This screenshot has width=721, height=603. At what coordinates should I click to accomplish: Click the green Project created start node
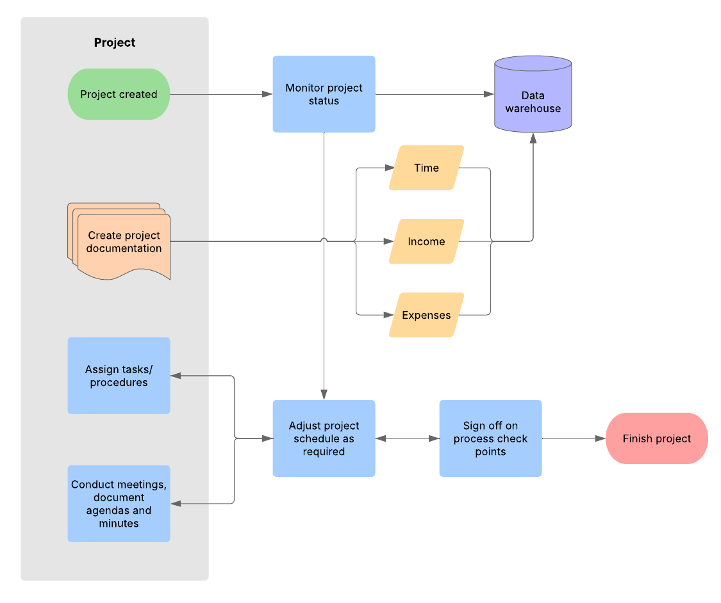pyautogui.click(x=119, y=94)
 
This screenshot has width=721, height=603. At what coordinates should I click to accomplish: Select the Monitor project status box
pyautogui.click(x=324, y=94)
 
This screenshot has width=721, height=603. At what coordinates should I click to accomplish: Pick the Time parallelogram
pyautogui.click(x=426, y=168)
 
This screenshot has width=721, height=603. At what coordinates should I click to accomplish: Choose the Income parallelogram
pyautogui.click(x=426, y=241)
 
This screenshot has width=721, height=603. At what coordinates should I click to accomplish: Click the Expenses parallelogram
pyautogui.click(x=426, y=315)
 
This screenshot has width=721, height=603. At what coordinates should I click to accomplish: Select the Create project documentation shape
pyautogui.click(x=122, y=242)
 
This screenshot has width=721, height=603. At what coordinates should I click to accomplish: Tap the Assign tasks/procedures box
pyautogui.click(x=119, y=376)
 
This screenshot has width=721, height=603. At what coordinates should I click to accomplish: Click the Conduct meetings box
pyautogui.click(x=119, y=504)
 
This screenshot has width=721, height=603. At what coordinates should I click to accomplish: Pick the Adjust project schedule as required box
pyautogui.click(x=324, y=438)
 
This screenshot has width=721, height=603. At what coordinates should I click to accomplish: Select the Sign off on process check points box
pyautogui.click(x=490, y=438)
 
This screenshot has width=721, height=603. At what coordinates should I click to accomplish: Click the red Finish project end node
pyautogui.click(x=656, y=438)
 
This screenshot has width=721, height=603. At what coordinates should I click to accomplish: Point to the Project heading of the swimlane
pyautogui.click(x=115, y=43)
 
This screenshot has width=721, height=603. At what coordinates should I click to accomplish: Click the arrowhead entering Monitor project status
pyautogui.click(x=267, y=94)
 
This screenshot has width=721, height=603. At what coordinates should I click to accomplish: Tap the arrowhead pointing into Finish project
pyautogui.click(x=601, y=438)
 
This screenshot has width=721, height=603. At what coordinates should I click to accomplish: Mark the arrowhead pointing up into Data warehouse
pyautogui.click(x=533, y=138)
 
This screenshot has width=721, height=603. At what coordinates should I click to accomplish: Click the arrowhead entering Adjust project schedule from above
pyautogui.click(x=324, y=394)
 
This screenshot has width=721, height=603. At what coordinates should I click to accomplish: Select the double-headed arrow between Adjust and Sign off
pyautogui.click(x=407, y=438)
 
